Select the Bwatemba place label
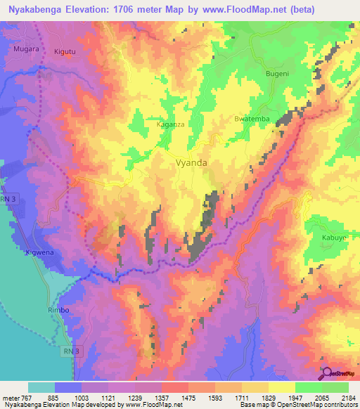click(x=252, y=119)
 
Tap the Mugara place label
click(x=26, y=50)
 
